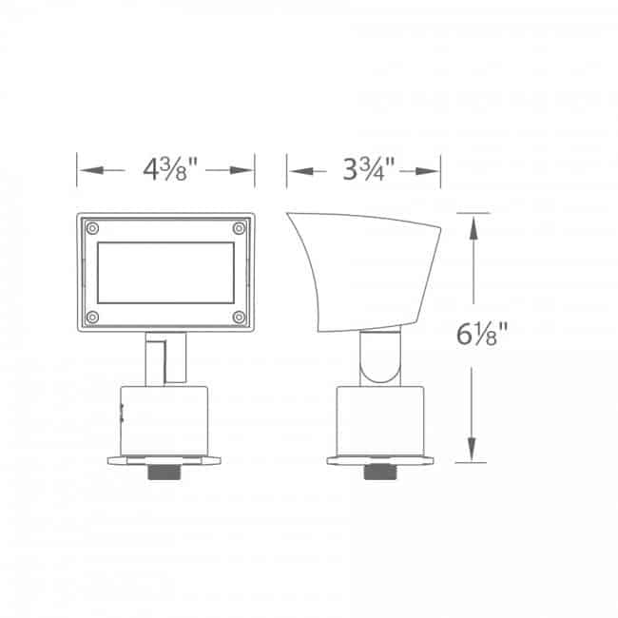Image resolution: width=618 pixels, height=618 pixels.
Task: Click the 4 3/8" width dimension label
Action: (x=170, y=171)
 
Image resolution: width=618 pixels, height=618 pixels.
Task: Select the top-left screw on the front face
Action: (x=91, y=228)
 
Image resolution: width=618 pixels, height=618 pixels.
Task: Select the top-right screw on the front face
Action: (x=239, y=228)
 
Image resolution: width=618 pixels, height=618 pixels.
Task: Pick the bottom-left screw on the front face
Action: (x=91, y=316)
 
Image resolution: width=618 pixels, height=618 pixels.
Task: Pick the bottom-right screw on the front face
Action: (x=239, y=316)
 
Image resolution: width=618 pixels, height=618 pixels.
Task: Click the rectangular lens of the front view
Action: (x=165, y=272)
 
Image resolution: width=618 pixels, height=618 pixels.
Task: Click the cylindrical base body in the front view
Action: (x=165, y=419)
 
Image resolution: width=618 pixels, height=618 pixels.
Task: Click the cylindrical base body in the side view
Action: (x=382, y=419)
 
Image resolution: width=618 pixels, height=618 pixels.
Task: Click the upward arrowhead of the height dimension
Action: (x=472, y=222)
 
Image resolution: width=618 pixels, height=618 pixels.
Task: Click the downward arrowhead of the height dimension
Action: (x=472, y=455)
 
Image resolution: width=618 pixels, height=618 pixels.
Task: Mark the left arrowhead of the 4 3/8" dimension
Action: (x=86, y=171)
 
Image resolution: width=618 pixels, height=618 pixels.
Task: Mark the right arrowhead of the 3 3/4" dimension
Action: (x=434, y=171)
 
